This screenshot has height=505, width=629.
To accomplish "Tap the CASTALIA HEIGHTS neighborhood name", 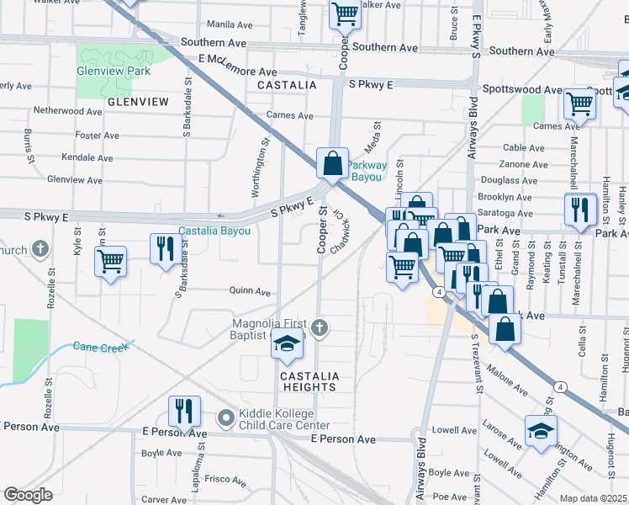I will click(x=309, y=381).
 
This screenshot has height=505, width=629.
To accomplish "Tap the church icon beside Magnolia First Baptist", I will click(x=319, y=327).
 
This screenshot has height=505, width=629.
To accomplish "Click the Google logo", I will click(x=28, y=495).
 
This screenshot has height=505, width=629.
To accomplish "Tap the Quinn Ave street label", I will click(x=250, y=291).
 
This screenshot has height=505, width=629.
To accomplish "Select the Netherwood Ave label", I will click(x=67, y=110).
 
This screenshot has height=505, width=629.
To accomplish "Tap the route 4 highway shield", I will click(x=440, y=291).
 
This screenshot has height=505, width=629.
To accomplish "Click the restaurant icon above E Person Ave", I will click(x=184, y=411).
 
